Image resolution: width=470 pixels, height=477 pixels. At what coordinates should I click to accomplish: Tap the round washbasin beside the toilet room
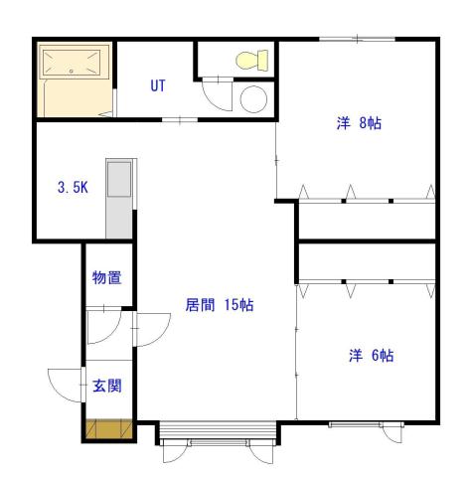point(253,98)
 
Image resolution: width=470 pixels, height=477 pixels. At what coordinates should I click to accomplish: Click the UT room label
point(158,85)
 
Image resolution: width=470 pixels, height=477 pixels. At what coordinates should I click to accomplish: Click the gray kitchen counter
point(118,197)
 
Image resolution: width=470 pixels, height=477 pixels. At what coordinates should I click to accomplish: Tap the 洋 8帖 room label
point(359,124)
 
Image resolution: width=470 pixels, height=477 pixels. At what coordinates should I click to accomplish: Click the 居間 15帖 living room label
point(220,305)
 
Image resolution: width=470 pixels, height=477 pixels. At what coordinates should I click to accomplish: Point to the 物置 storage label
point(106,278)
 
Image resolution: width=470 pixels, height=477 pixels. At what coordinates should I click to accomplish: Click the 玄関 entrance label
point(106,386)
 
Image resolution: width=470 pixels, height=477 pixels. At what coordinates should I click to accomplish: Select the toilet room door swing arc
point(215,94)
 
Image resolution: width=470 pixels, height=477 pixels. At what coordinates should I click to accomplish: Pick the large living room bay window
point(218,433)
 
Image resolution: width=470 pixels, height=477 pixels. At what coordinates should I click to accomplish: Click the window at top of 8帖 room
point(357,39)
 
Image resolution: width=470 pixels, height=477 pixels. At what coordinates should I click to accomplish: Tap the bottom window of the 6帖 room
point(362,425)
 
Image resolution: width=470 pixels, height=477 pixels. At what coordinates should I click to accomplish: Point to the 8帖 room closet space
point(367,219)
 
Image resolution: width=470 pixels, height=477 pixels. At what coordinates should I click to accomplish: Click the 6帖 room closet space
point(367,263)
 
